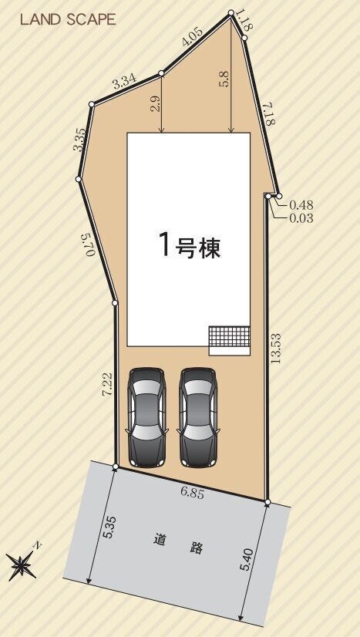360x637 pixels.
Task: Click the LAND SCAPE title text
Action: point(68,20)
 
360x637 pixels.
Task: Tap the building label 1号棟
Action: point(190,245)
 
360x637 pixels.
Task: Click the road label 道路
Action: point(178,544)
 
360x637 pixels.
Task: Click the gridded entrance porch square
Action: point(229,336)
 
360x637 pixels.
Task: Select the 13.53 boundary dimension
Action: point(277,348)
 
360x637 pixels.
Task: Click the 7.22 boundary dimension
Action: point(106,385)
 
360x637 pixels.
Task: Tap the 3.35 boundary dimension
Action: point(79,140)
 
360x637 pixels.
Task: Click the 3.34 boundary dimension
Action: point(124,83)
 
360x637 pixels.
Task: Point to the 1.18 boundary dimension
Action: point(244,22)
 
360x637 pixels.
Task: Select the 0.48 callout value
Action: point(301,205)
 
